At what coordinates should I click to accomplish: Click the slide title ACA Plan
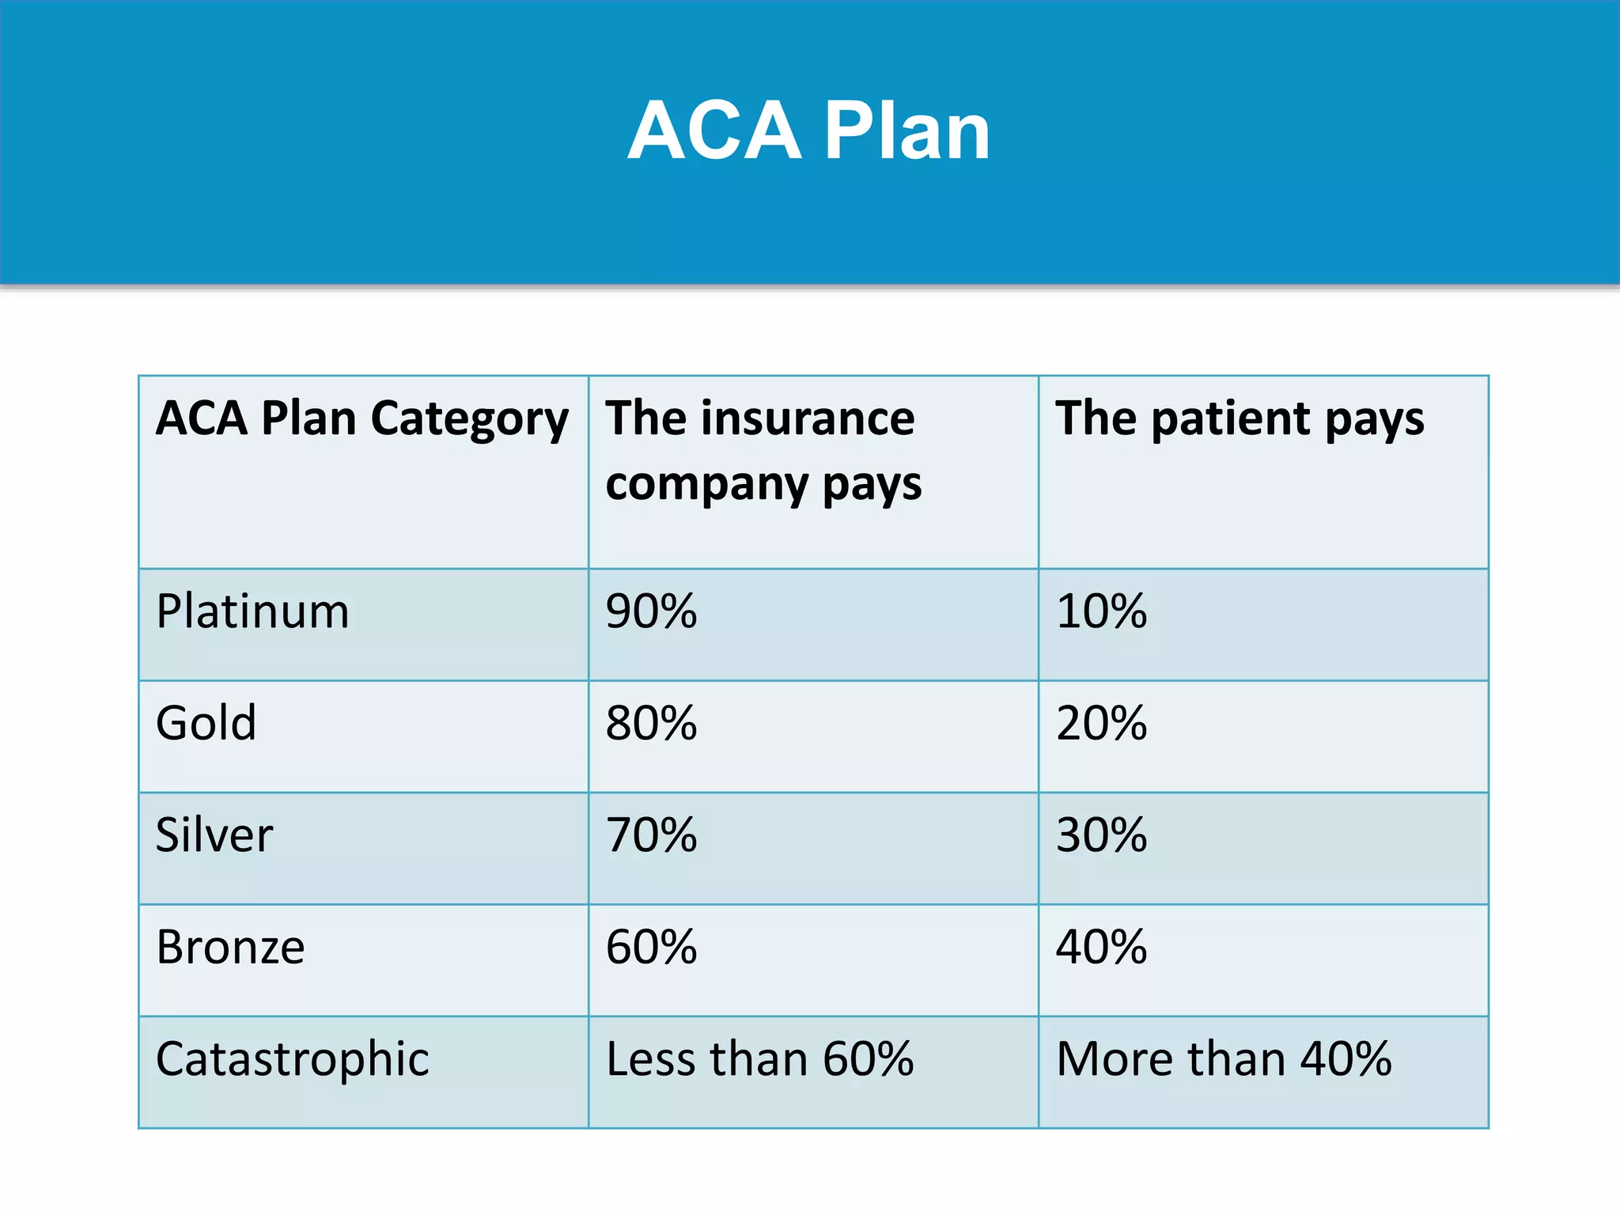click(808, 131)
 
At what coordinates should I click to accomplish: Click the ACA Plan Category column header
click(361, 418)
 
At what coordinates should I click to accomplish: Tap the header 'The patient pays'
click(1240, 418)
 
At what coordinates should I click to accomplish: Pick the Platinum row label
click(252, 611)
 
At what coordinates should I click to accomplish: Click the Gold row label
click(206, 723)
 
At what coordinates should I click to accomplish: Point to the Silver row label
click(214, 835)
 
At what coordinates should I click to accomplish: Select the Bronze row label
click(230, 947)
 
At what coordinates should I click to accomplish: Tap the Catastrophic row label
click(292, 1059)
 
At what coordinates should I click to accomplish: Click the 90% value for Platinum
click(651, 611)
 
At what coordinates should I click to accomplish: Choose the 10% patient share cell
click(1101, 611)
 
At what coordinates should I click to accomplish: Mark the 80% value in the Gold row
click(651, 723)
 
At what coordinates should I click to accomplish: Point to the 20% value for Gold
click(1101, 723)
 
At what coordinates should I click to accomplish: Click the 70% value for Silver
click(651, 835)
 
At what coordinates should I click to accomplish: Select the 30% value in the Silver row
click(1101, 835)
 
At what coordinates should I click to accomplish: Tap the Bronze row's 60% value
click(651, 947)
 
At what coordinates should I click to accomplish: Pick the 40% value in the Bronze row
click(1101, 947)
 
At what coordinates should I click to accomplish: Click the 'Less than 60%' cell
click(759, 1059)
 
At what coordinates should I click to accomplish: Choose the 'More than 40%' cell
click(1224, 1059)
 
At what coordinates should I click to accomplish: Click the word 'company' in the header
click(706, 484)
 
